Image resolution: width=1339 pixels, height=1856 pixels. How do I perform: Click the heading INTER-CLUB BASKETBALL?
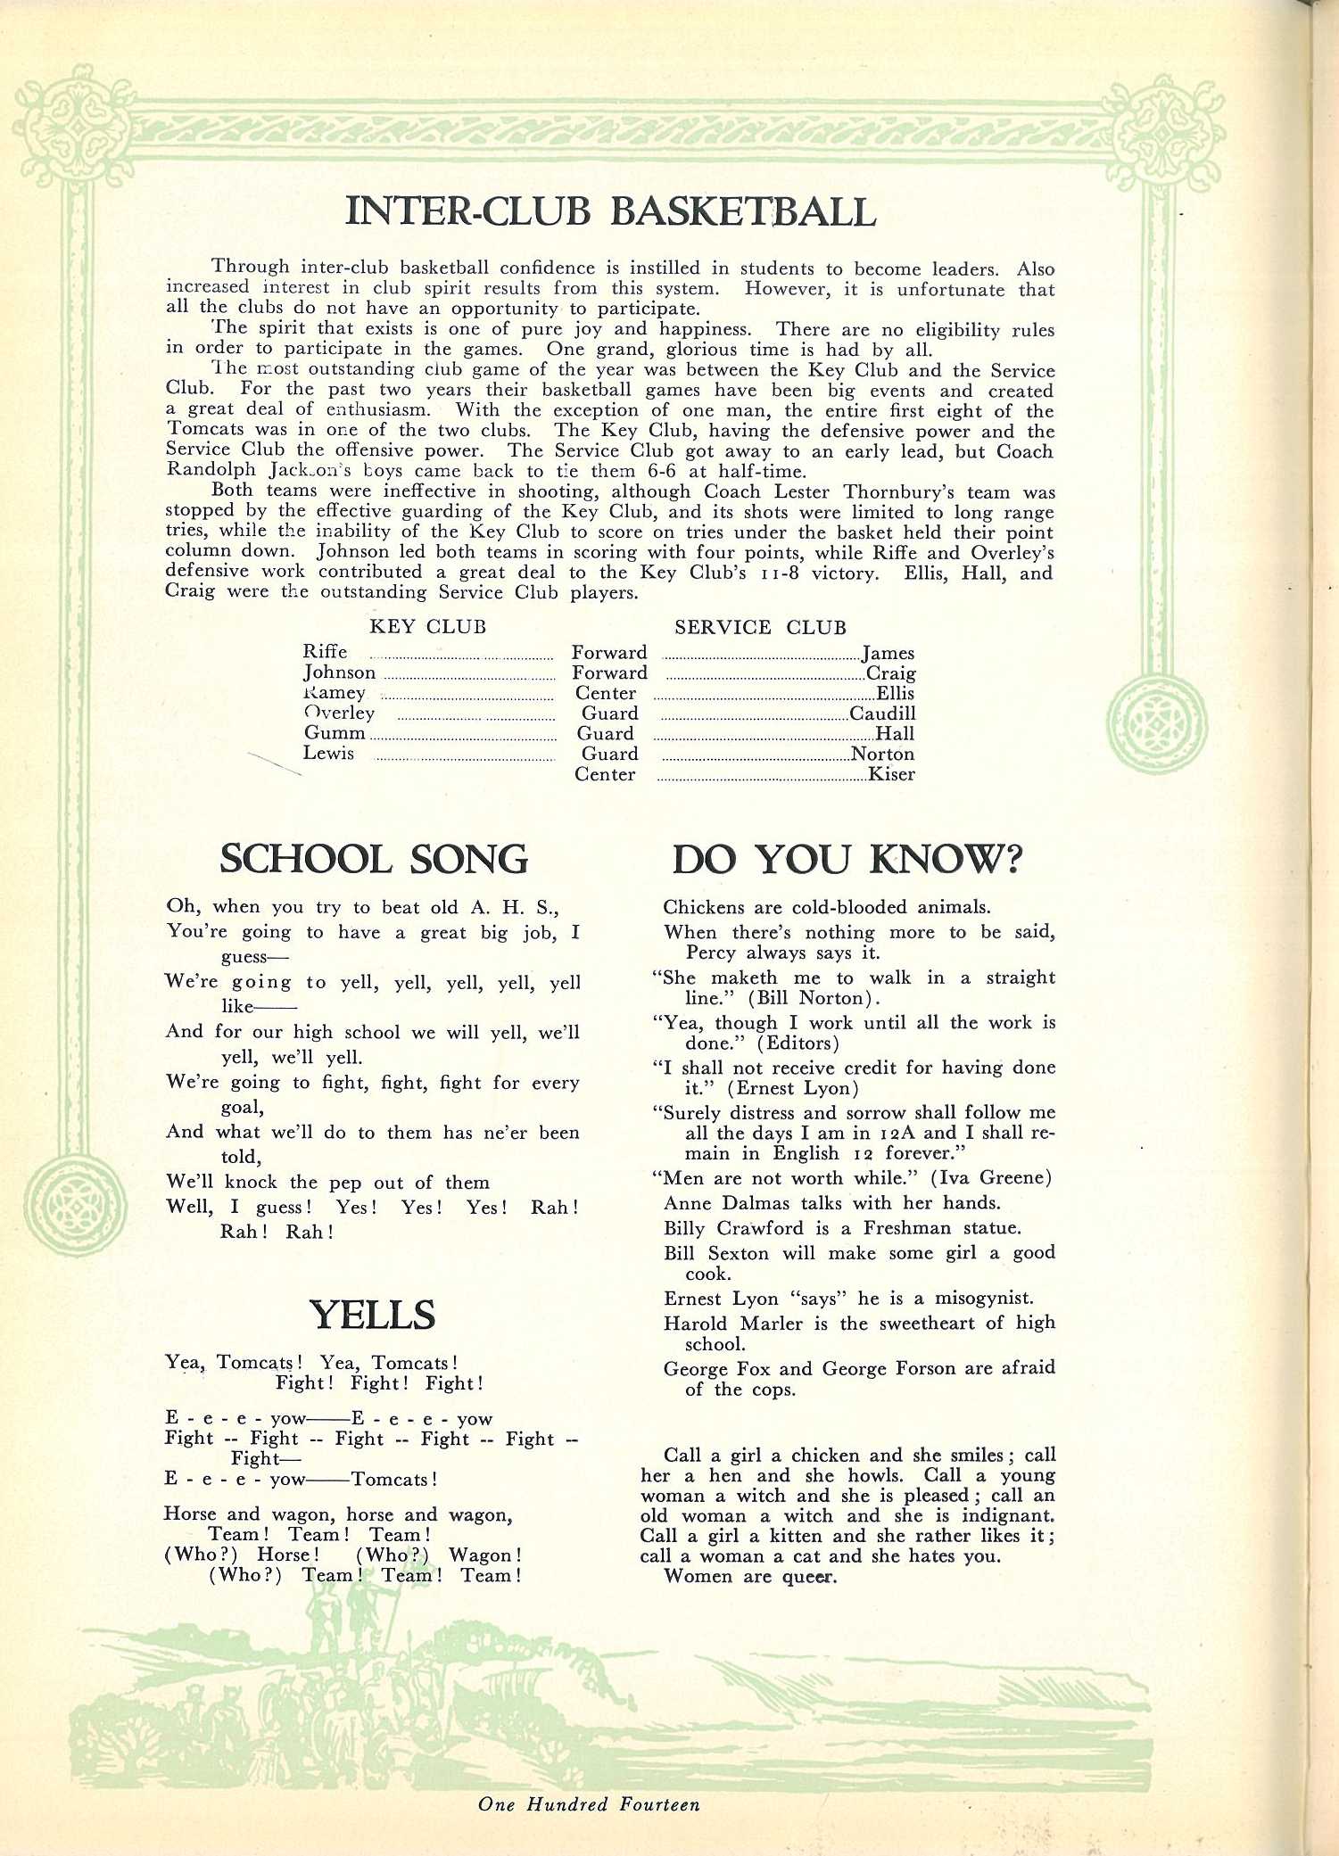[x=610, y=212]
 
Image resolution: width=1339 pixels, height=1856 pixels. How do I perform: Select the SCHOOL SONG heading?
[x=374, y=859]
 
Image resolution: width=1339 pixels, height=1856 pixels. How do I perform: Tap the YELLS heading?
[x=372, y=1315]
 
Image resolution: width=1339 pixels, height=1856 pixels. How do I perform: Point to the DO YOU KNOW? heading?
[x=847, y=859]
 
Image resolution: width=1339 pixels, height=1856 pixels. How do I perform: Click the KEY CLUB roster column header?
[x=427, y=627]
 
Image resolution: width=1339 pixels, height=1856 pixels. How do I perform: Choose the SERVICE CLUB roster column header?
[x=760, y=628]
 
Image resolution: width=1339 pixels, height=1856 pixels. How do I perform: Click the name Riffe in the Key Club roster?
[x=325, y=652]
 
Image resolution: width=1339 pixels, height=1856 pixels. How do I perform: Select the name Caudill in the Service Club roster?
[x=882, y=714]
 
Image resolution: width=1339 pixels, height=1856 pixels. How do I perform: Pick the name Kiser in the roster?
[x=891, y=774]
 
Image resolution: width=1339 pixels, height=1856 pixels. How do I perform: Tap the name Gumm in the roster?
[x=335, y=733]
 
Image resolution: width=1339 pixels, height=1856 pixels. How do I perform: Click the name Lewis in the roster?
[x=328, y=754]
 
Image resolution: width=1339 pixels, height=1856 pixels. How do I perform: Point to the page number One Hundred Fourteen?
[x=589, y=1804]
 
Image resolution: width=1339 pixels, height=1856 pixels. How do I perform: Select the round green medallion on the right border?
[x=1156, y=722]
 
